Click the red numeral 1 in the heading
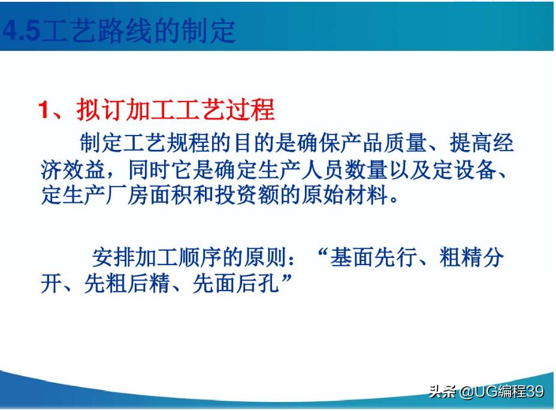pos(43,111)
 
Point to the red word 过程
pos(254,110)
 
